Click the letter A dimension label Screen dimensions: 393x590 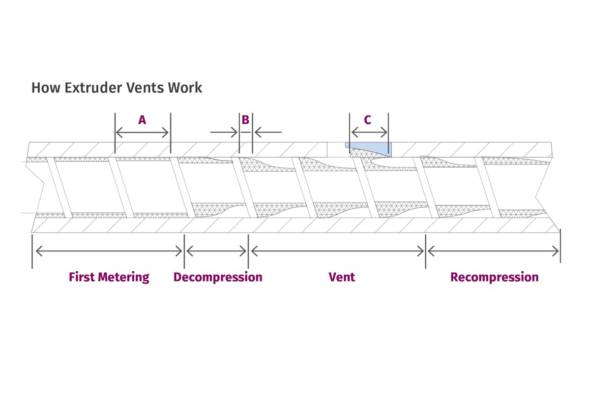[x=142, y=120]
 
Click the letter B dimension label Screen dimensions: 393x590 [x=245, y=120]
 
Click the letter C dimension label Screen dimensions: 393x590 [x=368, y=120]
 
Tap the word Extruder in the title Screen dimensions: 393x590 [x=88, y=88]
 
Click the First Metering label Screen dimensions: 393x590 [x=109, y=277]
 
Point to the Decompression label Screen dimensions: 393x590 [x=217, y=277]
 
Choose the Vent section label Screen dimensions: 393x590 [x=342, y=277]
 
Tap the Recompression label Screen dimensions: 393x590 [x=494, y=277]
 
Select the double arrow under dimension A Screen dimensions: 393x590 [x=142, y=133]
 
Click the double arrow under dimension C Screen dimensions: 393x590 [x=369, y=133]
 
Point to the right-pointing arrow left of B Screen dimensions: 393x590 [x=224, y=132]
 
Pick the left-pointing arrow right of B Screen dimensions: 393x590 [x=268, y=132]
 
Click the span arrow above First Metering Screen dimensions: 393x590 [x=109, y=252]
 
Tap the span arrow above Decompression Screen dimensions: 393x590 [x=216, y=252]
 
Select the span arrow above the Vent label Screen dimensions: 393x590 [x=337, y=252]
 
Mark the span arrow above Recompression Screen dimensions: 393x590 [x=493, y=252]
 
